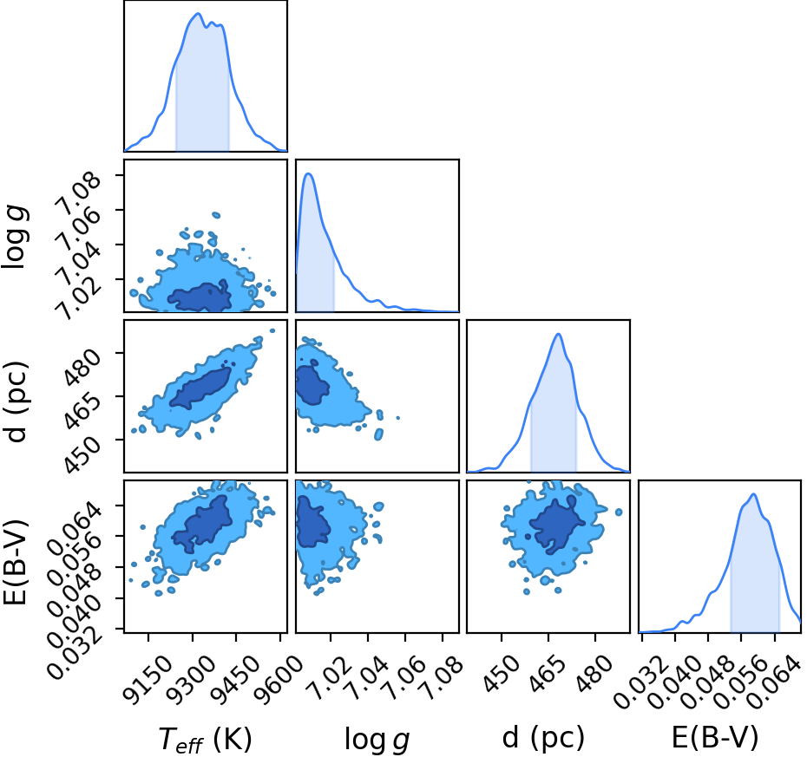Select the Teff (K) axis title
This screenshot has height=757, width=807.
pos(205,740)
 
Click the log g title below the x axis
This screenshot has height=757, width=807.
pos(377,741)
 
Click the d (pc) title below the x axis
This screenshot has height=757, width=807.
pos(543,737)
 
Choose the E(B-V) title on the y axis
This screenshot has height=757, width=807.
pos(15,562)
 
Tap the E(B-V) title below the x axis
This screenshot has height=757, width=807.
pos(715,737)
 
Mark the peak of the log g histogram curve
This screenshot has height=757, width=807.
pos(309,173)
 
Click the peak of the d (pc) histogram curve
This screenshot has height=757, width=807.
pos(559,334)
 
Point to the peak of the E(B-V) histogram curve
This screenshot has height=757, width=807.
pos(754,493)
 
